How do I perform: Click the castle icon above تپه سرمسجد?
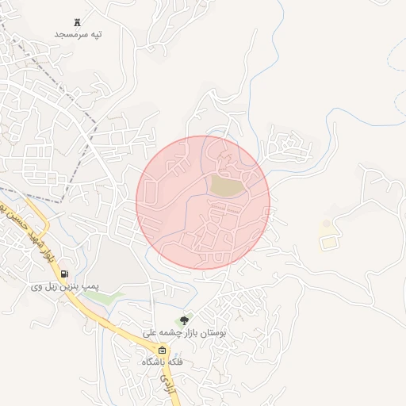[x=77, y=21]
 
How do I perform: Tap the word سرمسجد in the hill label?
[x=69, y=36]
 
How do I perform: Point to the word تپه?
[x=95, y=36]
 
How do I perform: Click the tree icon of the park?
[x=185, y=320]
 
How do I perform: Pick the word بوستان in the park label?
[x=211, y=334]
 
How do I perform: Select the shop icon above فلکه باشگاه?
[x=162, y=350]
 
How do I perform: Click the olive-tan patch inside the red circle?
[x=227, y=186]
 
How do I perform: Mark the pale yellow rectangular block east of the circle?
[x=327, y=241]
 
